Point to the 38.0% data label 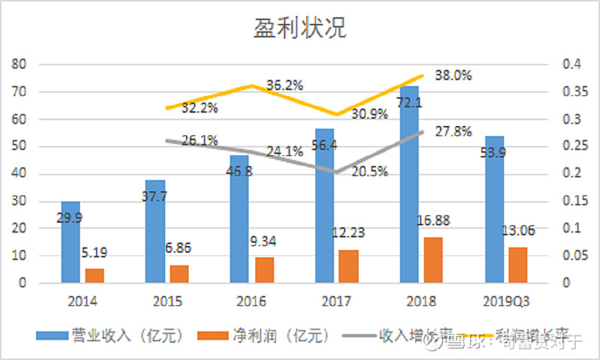(453, 75)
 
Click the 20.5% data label (369, 171)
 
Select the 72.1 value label (409, 102)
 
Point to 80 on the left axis (20, 65)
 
